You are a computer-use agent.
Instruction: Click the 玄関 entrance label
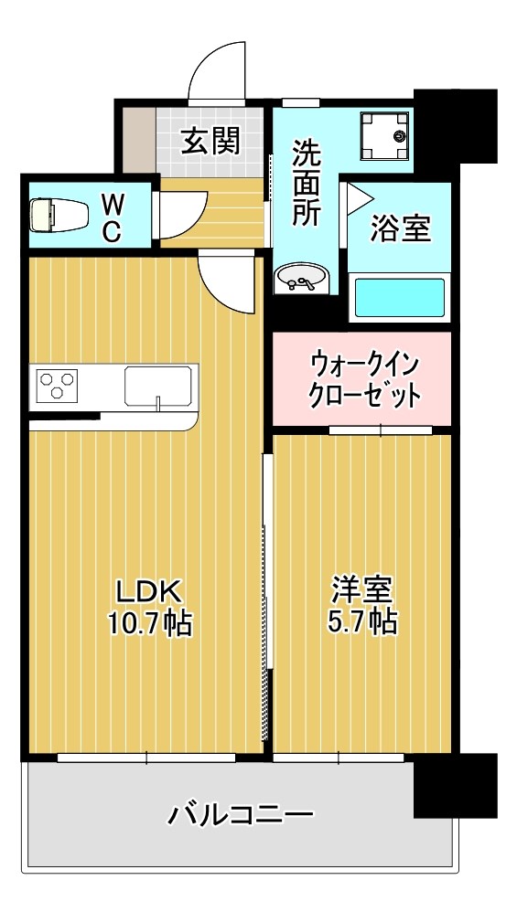(x=210, y=142)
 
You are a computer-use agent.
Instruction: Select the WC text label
(x=111, y=216)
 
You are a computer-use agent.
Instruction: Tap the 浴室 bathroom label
(x=400, y=228)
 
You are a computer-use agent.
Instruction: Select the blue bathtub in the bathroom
(x=398, y=297)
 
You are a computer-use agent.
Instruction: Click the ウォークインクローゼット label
(x=364, y=379)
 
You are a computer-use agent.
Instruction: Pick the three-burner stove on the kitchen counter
(x=58, y=385)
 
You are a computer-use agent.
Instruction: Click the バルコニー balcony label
(x=241, y=812)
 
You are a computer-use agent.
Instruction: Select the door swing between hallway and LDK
(x=224, y=283)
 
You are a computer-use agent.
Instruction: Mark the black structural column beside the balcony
(x=455, y=785)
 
